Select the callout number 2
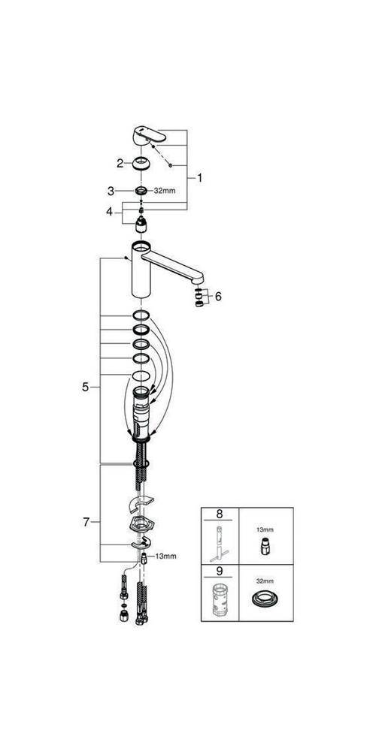click(119, 163)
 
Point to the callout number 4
click(110, 212)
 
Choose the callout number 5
click(86, 387)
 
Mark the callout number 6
click(219, 297)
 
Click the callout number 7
click(86, 521)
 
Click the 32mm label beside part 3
click(165, 191)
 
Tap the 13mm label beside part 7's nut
click(165, 556)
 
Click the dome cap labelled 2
click(141, 164)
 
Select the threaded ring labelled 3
click(140, 191)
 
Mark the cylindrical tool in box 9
click(219, 602)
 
